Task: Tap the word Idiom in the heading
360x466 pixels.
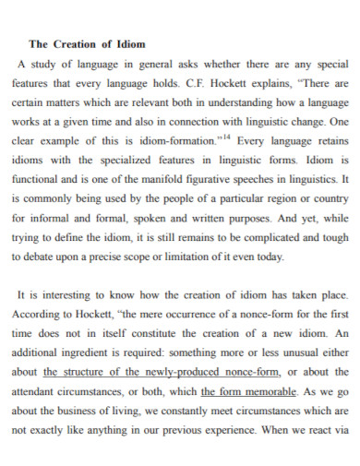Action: [131, 43]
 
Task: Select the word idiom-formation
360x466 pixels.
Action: [173, 141]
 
